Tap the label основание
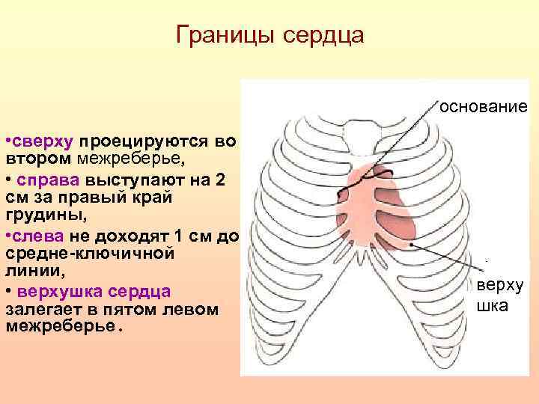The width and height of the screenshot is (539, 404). (x=484, y=106)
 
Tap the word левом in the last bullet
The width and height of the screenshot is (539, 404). (x=186, y=308)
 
